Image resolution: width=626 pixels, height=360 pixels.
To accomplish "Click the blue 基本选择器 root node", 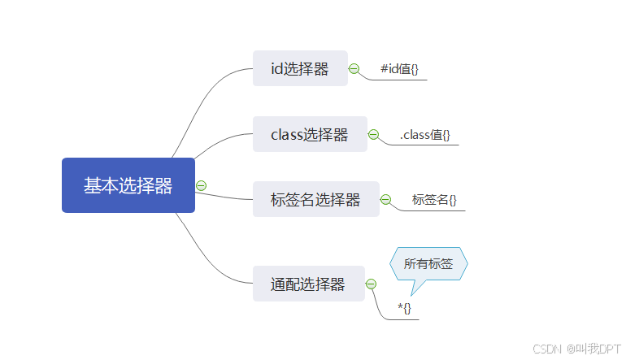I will (128, 185).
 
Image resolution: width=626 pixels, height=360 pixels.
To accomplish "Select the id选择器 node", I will (300, 69).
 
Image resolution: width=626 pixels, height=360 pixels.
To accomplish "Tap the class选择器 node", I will (310, 134).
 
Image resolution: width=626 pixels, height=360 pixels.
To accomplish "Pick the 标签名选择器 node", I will (315, 199).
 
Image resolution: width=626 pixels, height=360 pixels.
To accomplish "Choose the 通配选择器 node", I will (308, 284).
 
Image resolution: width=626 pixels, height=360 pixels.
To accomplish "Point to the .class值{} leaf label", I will (425, 135).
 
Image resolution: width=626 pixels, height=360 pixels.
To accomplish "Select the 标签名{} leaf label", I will (434, 199).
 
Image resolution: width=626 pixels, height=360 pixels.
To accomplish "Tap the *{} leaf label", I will (404, 308).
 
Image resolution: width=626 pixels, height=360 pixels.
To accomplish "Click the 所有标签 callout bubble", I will (428, 263).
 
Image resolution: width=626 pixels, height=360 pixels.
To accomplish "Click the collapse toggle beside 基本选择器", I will (202, 185).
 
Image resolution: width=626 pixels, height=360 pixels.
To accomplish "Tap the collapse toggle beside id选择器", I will (354, 69).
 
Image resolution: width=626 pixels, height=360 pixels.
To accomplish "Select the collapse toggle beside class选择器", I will (373, 134).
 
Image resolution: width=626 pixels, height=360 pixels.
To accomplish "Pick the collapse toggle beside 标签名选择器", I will (385, 199).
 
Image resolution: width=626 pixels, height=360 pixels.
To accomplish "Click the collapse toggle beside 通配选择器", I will (371, 284).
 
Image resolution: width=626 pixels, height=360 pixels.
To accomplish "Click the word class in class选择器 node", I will (287, 134).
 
